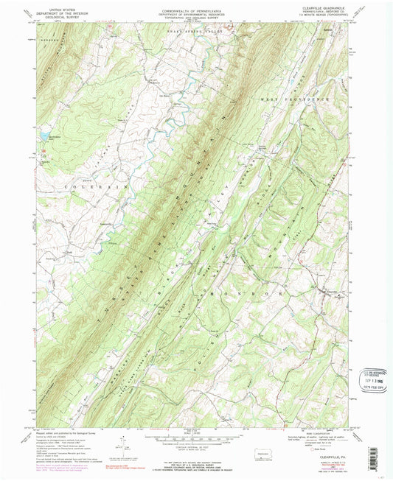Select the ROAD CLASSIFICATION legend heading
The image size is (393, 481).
[317, 438]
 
